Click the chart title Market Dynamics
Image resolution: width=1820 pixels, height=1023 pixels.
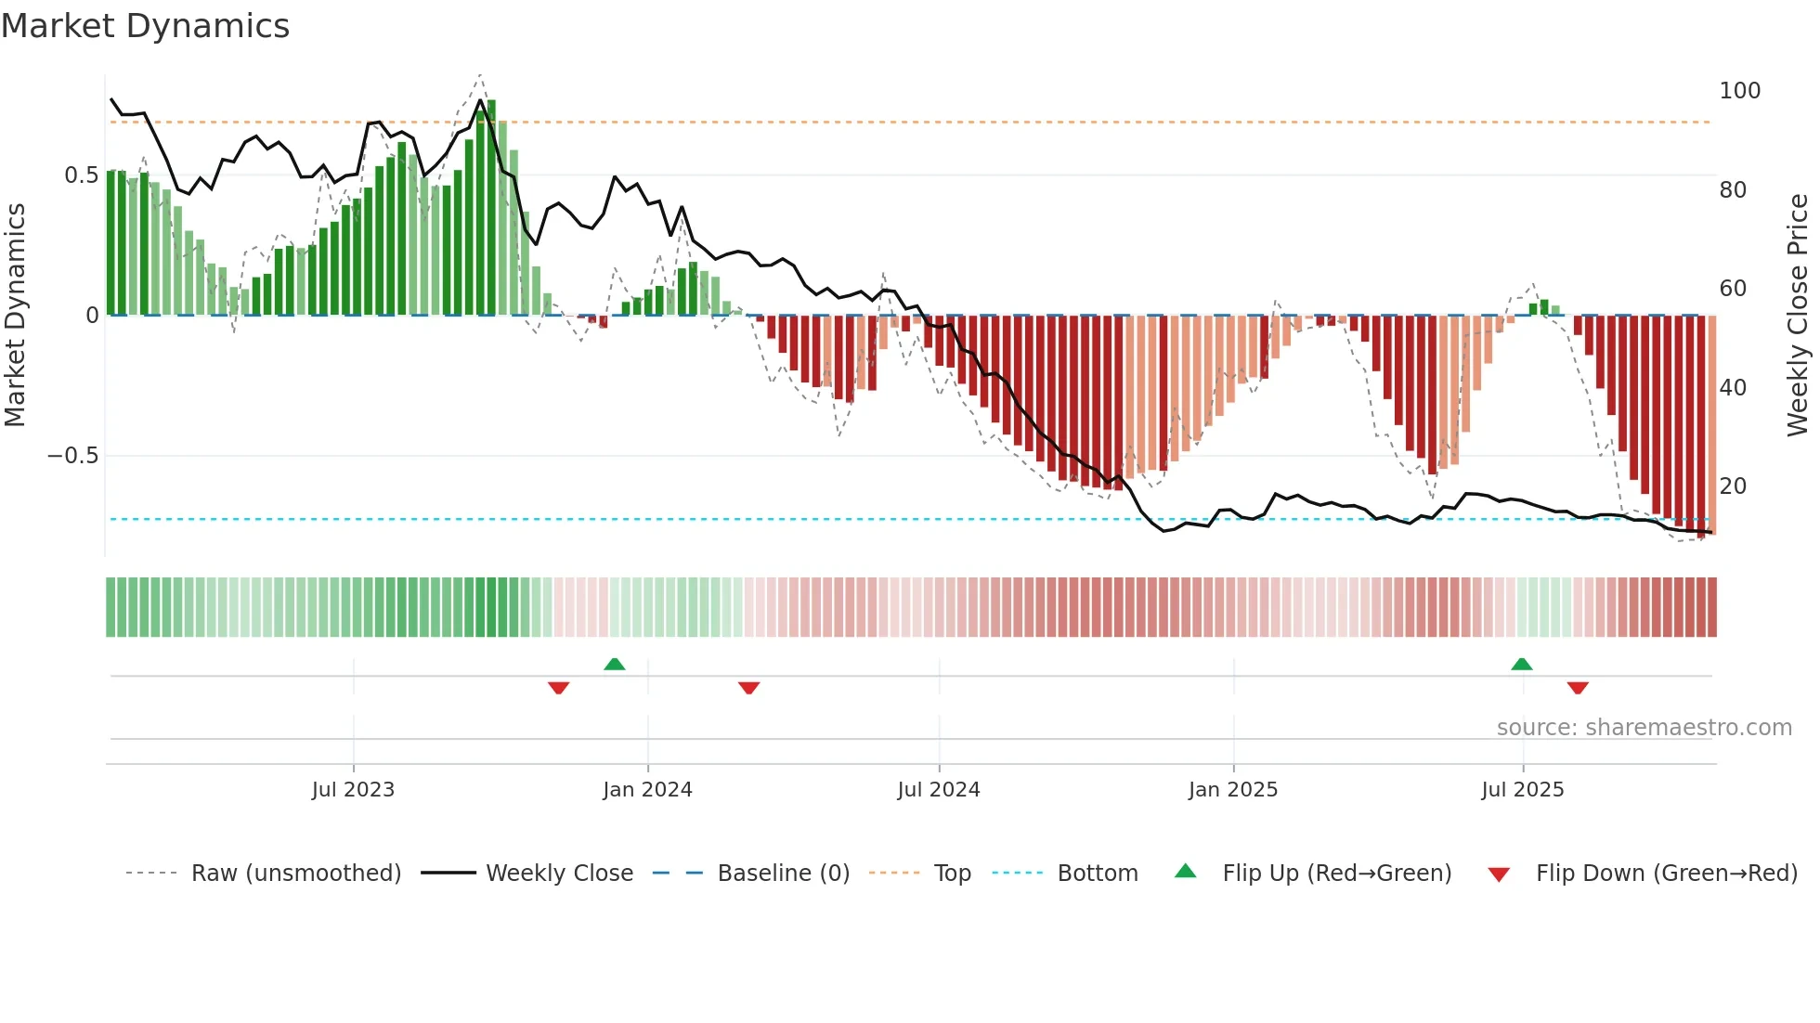146,26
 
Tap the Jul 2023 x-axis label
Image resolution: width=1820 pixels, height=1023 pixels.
353,790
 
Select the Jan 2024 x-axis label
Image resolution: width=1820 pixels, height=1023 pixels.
647,790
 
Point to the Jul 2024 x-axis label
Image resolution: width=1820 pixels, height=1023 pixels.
938,790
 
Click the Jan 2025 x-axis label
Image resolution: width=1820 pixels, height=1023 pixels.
1233,790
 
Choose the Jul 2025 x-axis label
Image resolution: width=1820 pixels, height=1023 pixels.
1522,790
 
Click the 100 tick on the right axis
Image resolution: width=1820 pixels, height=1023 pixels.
1739,91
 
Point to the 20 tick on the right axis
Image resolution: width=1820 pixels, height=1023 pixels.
1733,486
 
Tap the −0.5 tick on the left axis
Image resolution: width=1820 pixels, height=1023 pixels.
72,456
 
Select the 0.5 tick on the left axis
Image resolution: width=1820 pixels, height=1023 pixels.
81,175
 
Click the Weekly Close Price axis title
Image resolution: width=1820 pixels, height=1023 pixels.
1798,316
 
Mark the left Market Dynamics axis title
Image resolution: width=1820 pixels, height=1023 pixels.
15,316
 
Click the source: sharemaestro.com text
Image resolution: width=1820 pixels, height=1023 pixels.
1644,728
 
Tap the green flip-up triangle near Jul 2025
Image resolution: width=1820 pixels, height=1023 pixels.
1521,664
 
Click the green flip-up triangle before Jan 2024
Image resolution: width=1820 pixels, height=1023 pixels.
614,664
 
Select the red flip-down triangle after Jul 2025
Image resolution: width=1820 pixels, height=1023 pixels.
1578,688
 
